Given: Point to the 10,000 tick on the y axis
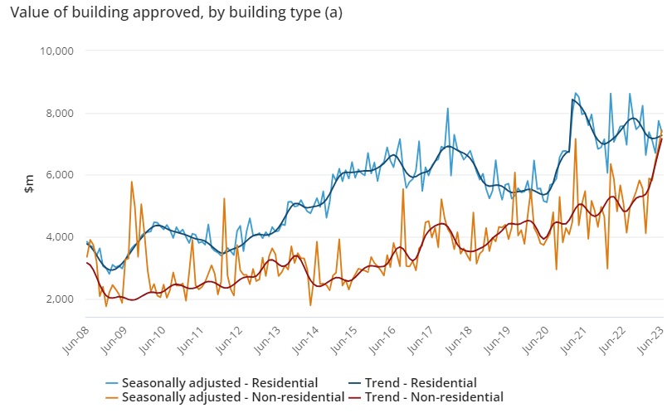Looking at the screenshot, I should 57,51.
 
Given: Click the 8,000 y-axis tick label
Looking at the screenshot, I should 60,113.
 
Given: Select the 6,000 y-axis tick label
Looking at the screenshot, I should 60,175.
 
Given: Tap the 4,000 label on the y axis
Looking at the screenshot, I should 60,237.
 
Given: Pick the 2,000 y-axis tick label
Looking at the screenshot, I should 60,299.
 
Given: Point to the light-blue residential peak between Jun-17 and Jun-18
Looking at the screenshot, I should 448,108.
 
